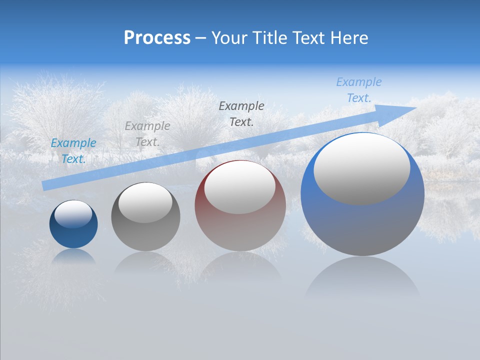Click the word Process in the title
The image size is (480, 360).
pos(157,38)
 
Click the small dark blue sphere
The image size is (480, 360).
pos(73,235)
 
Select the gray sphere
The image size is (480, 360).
pos(145,235)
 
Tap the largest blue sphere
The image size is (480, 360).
pos(362,225)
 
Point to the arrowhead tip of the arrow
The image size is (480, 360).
pos(416,108)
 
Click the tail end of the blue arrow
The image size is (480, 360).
pos(44,186)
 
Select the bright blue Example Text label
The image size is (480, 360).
pos(73,150)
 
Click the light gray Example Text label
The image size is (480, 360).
pos(147,133)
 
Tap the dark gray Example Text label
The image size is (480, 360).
pos(241,113)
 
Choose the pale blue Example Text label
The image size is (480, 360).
pos(359,90)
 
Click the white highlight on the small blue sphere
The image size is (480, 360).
pos(73,213)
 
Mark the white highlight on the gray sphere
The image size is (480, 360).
pos(145,202)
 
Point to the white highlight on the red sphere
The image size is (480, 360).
pos(240,187)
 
